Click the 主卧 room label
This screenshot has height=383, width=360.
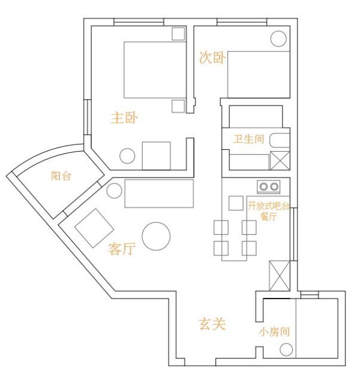[124, 117]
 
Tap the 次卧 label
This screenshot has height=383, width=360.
[212, 58]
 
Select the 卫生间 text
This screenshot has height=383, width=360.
[248, 138]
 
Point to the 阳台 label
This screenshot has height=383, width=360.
[61, 176]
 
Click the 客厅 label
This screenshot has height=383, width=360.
[122, 249]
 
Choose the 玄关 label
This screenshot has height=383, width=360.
[212, 324]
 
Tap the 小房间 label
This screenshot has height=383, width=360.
[274, 331]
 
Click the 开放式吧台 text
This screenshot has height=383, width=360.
[269, 206]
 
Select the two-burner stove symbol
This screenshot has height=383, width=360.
[268, 187]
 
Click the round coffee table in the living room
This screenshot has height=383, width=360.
[156, 236]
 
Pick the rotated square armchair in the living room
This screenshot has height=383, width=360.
[94, 228]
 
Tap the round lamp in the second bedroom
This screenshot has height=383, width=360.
[278, 38]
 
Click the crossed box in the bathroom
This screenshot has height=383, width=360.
[280, 161]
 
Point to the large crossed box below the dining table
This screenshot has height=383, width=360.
[279, 276]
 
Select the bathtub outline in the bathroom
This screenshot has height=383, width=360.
[280, 140]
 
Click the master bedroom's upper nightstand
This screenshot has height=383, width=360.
[178, 34]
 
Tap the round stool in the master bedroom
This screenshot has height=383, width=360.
[127, 156]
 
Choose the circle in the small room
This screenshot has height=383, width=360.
[286, 350]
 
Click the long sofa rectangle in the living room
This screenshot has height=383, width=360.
[159, 194]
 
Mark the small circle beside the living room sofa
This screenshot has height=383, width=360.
[114, 191]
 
